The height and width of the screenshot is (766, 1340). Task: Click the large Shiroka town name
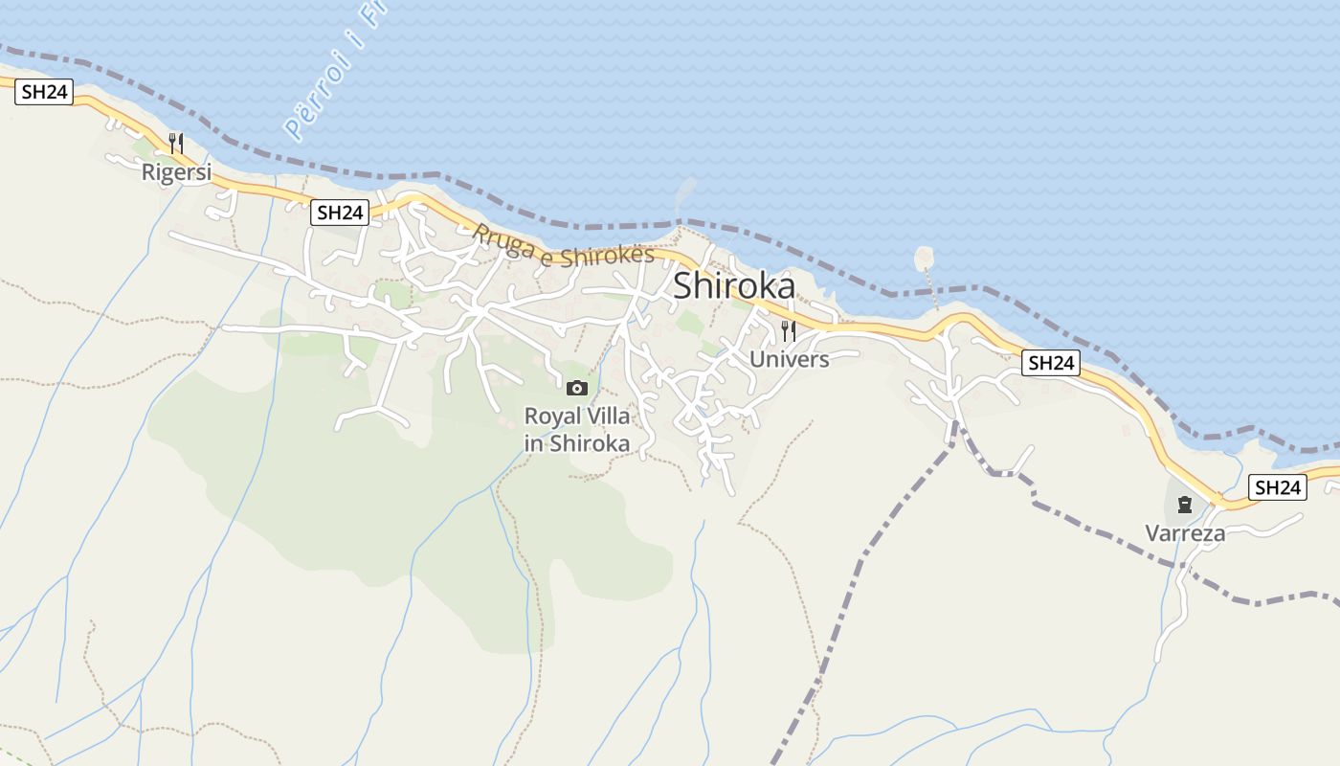734,286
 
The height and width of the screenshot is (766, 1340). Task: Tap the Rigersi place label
176,172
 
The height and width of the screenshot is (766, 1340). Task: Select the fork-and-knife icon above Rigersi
176,144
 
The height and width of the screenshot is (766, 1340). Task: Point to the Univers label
789,359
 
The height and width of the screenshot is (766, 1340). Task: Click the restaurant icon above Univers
789,331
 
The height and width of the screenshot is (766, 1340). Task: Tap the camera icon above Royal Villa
576,388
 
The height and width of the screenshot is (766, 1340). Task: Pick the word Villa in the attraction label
610,417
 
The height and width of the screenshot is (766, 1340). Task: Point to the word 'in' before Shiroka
533,443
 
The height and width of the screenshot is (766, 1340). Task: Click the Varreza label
1185,533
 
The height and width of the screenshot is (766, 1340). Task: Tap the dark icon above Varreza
1185,505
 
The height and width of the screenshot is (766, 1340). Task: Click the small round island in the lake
924,258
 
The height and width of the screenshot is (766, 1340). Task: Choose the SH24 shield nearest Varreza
1278,487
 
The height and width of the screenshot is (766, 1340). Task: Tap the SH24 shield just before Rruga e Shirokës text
340,213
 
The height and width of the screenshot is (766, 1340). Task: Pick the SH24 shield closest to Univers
1050,363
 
